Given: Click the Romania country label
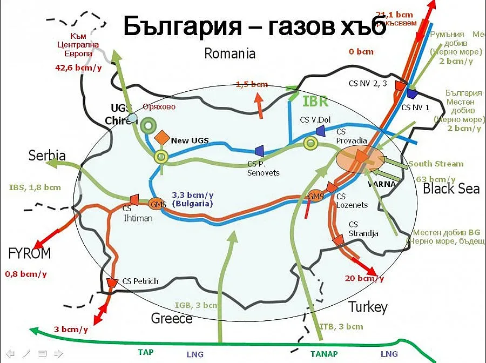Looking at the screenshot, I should tap(230, 53).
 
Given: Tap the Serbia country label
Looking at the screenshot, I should tap(47, 156).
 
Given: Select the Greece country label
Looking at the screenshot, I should tap(172, 318).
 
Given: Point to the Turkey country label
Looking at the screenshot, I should tap(368, 307).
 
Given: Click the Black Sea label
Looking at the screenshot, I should tap(451, 188).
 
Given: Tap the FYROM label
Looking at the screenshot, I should tap(30, 253).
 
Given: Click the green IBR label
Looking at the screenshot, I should tap(316, 101).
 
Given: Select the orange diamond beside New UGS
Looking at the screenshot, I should tap(162, 138).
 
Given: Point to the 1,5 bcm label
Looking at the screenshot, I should tap(252, 84).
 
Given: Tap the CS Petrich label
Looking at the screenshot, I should tap(140, 281).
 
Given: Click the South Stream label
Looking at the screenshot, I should tap(436, 164).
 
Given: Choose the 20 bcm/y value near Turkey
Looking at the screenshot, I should tap(364, 278).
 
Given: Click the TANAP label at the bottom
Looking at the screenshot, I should tap(324, 353).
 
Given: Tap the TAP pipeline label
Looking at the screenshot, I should tap(146, 352).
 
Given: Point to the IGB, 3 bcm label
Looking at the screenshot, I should tap(196, 305).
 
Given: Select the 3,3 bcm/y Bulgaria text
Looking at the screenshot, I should tap(192, 200).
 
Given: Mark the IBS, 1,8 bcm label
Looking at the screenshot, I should tap(35, 188).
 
